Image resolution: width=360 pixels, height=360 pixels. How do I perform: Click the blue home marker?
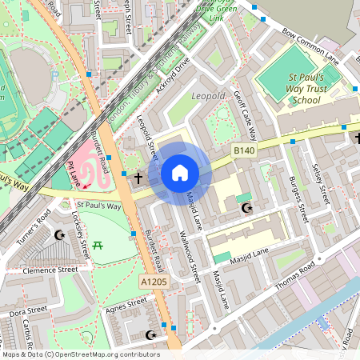180,173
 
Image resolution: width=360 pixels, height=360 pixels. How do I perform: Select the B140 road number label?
244,150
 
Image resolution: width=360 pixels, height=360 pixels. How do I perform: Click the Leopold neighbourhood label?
210,97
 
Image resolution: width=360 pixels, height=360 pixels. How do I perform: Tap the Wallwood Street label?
190,256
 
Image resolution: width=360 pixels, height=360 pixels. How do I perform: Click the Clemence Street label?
50,270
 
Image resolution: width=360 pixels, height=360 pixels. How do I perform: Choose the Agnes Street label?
126,303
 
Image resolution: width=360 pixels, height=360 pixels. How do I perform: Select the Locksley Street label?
80,237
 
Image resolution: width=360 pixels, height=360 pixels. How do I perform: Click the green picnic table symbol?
98,244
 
